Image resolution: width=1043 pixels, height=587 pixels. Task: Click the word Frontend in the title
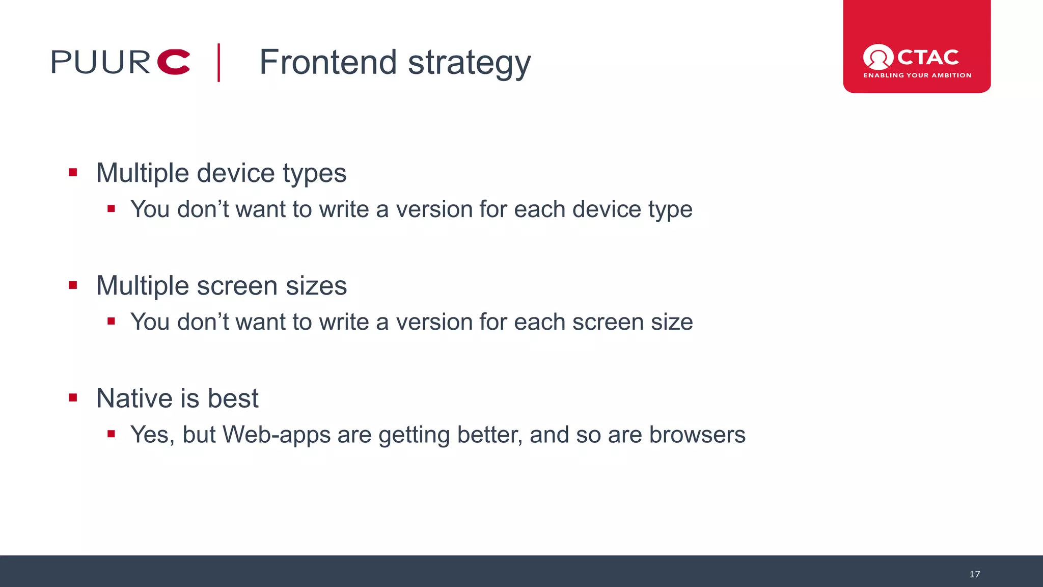[x=327, y=62]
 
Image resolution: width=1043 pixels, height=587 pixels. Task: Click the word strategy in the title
[x=469, y=63]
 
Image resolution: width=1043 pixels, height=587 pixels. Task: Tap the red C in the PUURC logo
[x=174, y=62]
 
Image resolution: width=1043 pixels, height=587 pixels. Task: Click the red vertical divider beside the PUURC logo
[x=219, y=62]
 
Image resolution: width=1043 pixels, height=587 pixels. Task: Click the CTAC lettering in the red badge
[x=928, y=57]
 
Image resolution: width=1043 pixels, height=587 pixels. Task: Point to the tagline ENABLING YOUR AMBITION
[x=917, y=75]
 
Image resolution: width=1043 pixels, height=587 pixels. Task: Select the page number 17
[x=974, y=574]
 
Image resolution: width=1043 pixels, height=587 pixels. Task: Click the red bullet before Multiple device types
[x=73, y=173]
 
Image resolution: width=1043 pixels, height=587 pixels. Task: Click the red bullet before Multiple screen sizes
[x=73, y=285]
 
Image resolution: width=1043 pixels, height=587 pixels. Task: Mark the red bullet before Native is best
[x=73, y=398]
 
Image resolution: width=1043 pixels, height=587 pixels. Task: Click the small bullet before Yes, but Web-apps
[x=111, y=434]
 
